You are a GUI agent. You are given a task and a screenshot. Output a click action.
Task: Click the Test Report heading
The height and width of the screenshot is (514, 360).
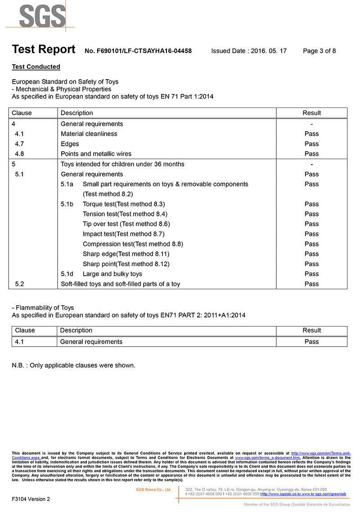[44, 50]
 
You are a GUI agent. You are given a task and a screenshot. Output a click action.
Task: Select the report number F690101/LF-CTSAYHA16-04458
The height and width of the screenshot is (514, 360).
[138, 51]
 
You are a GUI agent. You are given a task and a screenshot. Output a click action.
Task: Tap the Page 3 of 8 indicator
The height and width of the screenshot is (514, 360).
[319, 51]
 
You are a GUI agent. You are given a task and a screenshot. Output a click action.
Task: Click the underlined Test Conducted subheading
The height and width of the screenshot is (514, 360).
[36, 67]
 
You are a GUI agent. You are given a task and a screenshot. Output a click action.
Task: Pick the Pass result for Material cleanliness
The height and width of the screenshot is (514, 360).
[311, 134]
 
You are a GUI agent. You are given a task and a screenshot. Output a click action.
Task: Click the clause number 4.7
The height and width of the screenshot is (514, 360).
[19, 144]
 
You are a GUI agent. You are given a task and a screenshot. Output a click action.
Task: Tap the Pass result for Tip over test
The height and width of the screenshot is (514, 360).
[311, 224]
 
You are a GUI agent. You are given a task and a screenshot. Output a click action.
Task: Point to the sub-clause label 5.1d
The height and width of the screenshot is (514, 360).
[67, 274]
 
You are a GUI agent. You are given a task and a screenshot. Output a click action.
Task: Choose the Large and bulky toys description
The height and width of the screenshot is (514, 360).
[112, 274]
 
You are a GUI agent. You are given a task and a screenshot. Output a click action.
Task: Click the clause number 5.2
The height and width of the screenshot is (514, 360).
[19, 284]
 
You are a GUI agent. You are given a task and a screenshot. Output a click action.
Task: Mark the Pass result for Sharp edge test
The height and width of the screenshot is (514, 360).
[311, 254]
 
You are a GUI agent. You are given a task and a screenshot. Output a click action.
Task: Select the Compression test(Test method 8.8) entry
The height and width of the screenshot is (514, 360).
[133, 244]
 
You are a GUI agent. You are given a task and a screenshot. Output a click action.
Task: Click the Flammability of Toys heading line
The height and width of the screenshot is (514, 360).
[43, 308]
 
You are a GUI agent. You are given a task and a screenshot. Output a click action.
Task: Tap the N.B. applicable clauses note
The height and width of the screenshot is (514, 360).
[73, 366]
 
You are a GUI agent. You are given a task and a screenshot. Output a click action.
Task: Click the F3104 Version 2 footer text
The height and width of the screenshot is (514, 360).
[31, 499]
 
